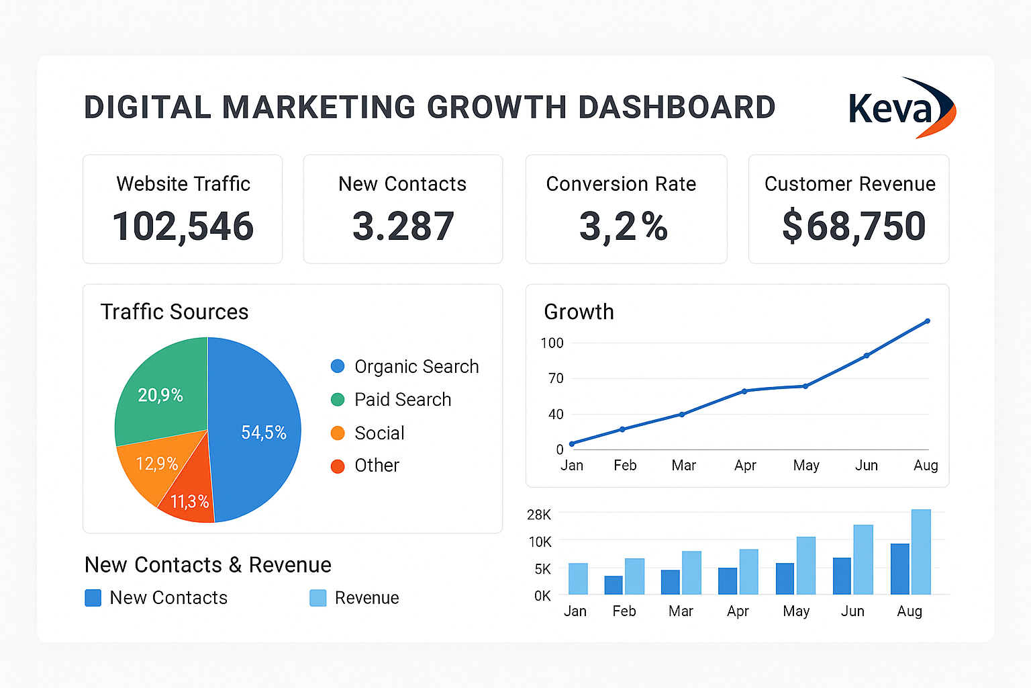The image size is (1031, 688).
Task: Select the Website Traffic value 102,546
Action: point(183,226)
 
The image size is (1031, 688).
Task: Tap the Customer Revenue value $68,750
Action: point(853,226)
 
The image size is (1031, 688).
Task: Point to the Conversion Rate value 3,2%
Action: point(624,226)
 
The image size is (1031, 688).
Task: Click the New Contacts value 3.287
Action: point(403,226)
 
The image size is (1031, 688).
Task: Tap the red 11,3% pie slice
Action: point(191,501)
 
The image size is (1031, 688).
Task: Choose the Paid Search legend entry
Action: point(402,400)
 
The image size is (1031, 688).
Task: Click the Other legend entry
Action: point(377,466)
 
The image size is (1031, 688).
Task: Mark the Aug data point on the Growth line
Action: point(928,321)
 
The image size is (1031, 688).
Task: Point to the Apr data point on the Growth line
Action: point(744,391)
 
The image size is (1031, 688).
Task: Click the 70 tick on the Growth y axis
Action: point(556,378)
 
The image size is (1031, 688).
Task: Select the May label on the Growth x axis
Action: point(805,466)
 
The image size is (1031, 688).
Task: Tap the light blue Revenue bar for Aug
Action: point(921,552)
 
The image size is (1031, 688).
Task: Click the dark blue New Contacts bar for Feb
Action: point(613,585)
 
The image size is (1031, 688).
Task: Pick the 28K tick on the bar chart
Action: point(539,515)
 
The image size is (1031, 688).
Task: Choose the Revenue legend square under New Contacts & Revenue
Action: point(317,598)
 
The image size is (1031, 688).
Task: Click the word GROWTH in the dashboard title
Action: point(497,108)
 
